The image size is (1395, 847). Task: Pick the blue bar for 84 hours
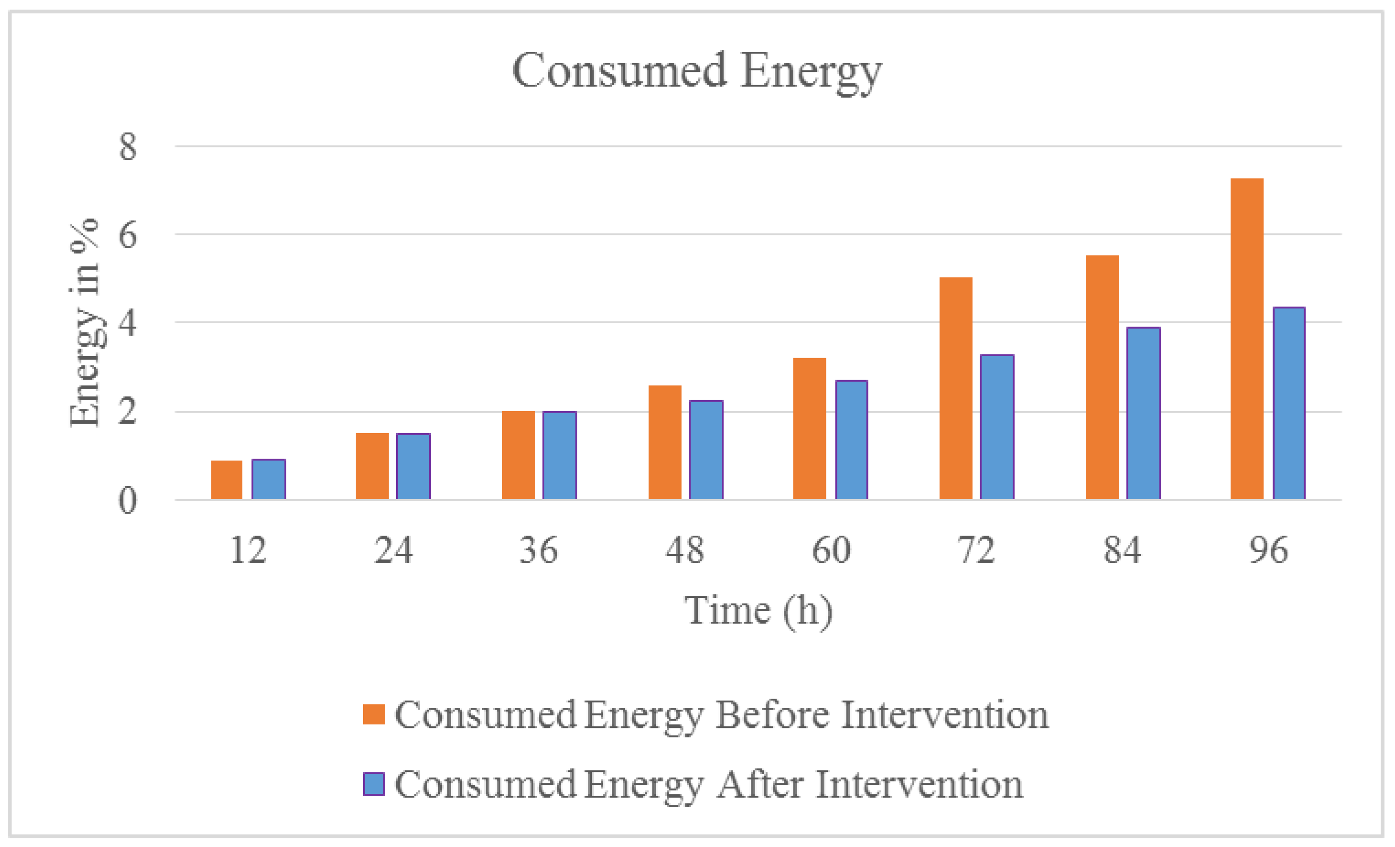pos(1143,413)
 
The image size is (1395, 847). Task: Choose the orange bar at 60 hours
pos(809,429)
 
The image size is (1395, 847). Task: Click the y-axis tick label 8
pos(128,147)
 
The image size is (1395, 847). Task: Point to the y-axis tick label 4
pos(128,324)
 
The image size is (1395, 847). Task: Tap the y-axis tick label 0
pos(128,501)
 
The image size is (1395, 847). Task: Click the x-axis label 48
pos(685,550)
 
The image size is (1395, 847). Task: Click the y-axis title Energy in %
pos(85,322)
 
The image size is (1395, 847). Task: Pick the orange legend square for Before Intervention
pos(374,714)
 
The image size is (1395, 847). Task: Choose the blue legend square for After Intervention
pos(374,784)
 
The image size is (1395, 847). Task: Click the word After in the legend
pos(759,785)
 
